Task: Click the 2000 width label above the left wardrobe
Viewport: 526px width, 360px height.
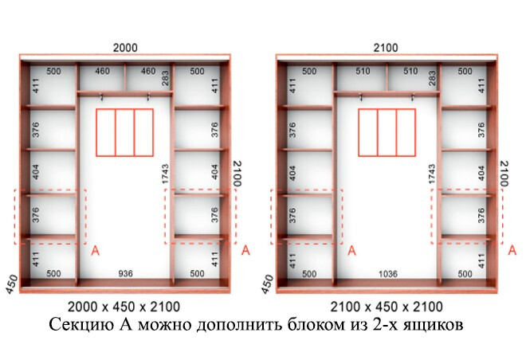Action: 125,48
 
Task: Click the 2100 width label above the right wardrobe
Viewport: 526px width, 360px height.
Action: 386,48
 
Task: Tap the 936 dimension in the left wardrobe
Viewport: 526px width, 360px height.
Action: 125,274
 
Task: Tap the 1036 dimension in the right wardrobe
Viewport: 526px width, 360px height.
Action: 388,274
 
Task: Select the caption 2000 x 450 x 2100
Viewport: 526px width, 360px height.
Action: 124,307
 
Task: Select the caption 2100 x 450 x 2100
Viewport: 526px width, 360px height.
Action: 387,307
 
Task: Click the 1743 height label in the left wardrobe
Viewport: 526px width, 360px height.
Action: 166,174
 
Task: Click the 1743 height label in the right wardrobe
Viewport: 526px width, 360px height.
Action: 432,174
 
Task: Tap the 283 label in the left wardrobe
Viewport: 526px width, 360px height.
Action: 166,78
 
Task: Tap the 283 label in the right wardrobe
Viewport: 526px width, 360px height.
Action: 432,78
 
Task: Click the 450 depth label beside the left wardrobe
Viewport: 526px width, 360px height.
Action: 12,284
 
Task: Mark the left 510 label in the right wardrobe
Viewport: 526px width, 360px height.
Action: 363,71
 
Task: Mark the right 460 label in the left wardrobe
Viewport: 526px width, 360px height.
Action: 148,71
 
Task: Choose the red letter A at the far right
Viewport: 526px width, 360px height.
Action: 512,250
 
